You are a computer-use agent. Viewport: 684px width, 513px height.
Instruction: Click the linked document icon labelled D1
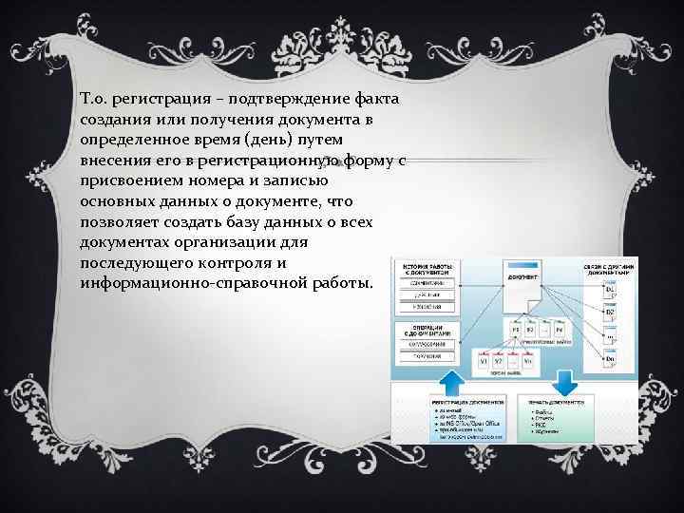[x=609, y=290]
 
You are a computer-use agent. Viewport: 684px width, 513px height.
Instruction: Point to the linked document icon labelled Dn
[x=609, y=358]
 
